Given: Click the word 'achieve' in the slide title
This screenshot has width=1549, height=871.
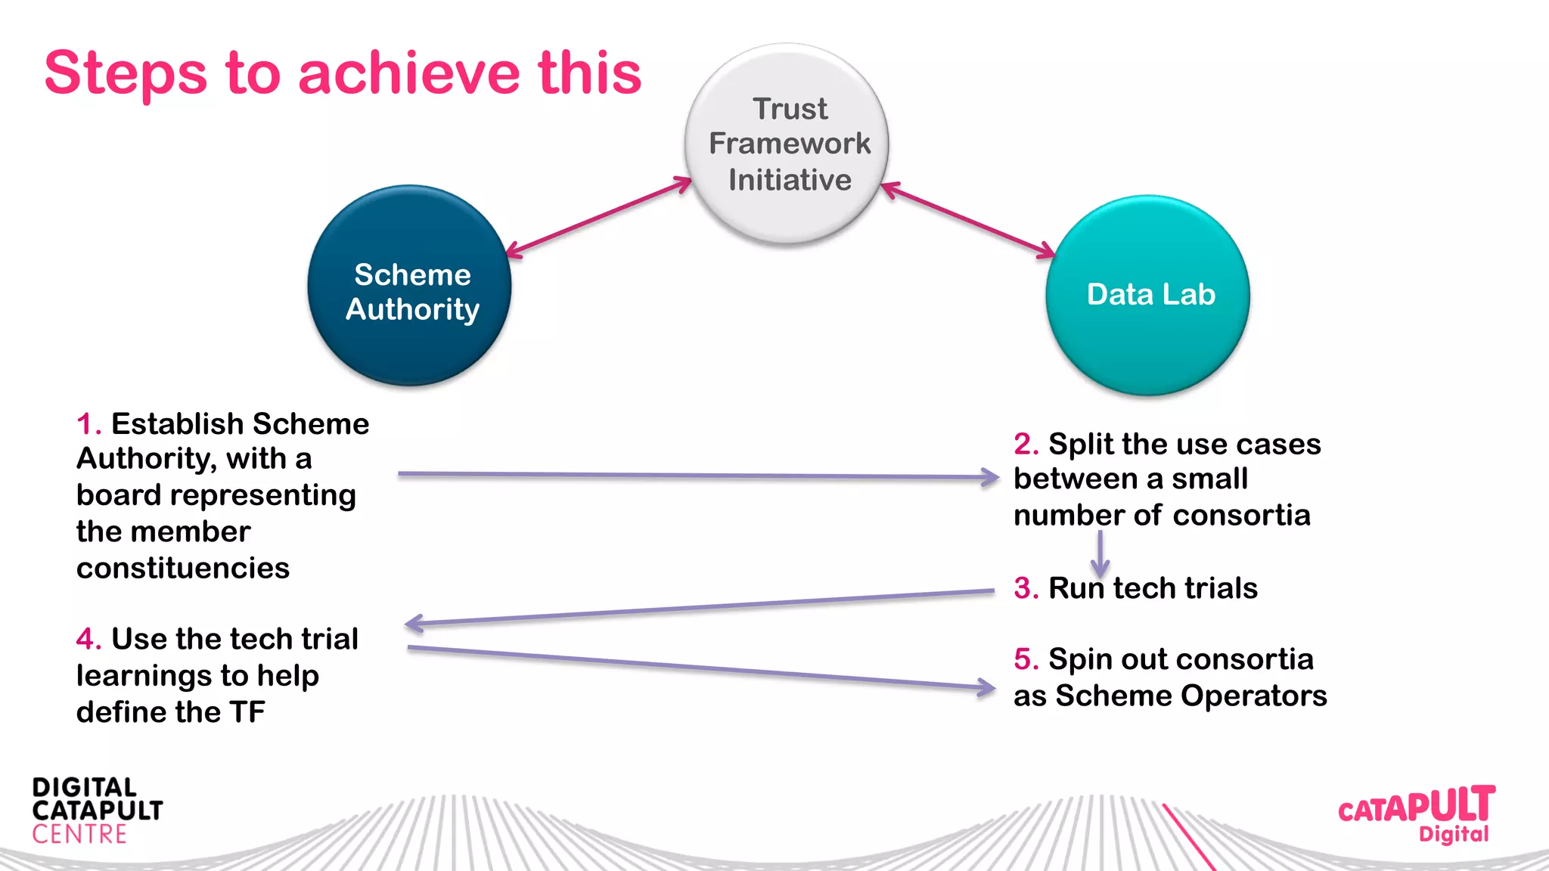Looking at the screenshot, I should (x=408, y=73).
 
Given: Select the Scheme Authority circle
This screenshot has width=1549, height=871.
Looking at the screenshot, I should (x=409, y=286).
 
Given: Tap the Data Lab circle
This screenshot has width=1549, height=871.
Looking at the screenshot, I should (x=1147, y=295).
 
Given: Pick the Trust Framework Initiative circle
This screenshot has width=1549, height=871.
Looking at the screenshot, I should (x=787, y=144).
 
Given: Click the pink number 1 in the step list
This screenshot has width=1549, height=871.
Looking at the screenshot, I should (x=85, y=424).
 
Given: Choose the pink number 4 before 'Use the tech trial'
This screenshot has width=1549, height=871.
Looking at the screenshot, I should (x=85, y=640).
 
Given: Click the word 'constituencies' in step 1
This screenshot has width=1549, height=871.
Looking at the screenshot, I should (x=182, y=568).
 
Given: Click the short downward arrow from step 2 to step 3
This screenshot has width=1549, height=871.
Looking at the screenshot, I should (x=1100, y=554).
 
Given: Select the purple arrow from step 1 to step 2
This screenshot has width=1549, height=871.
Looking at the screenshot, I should (x=696, y=476).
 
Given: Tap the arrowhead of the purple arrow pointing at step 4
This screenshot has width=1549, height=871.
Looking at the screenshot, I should (x=414, y=624).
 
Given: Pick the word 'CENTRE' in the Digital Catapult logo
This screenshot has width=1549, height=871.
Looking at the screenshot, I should (x=79, y=835).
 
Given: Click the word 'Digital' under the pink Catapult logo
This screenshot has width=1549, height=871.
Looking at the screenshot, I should (x=1453, y=834).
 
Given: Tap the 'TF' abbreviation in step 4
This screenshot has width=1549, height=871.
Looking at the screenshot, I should (x=247, y=712).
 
